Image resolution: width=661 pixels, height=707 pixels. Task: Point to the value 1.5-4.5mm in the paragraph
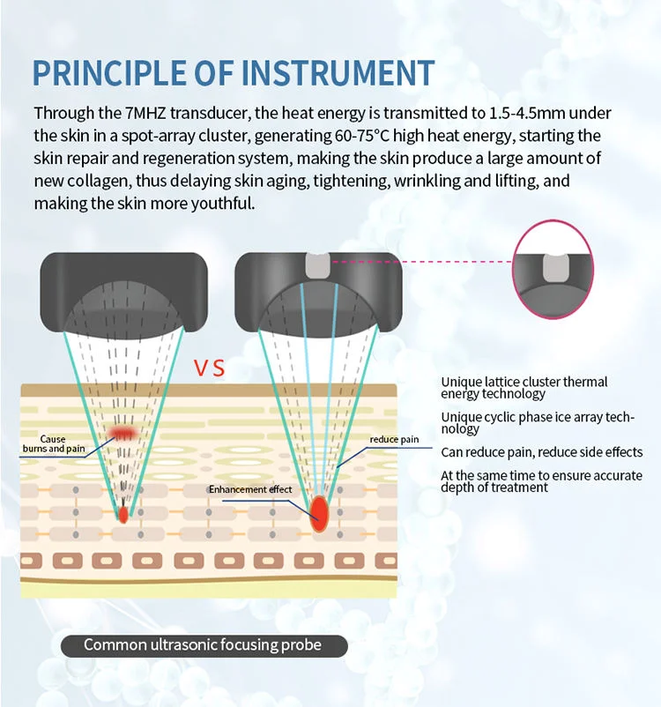tap(527, 113)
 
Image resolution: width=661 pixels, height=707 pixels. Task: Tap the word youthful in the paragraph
tap(223, 204)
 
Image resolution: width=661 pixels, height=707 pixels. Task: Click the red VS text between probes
tap(209, 368)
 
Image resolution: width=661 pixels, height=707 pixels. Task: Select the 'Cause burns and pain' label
tap(54, 443)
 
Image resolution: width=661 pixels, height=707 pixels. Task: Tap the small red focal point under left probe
tap(123, 515)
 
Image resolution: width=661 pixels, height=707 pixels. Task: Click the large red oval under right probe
tap(319, 514)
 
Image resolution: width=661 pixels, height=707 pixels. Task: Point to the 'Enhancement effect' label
tap(250, 489)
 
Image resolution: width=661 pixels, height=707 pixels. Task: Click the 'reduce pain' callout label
tap(394, 439)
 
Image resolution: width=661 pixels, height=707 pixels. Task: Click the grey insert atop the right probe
tap(318, 265)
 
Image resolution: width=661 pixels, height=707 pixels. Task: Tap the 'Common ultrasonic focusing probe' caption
tap(203, 644)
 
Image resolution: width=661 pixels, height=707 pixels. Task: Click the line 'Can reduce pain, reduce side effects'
tap(541, 452)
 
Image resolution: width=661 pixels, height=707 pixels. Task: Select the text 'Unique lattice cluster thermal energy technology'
tap(524, 388)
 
